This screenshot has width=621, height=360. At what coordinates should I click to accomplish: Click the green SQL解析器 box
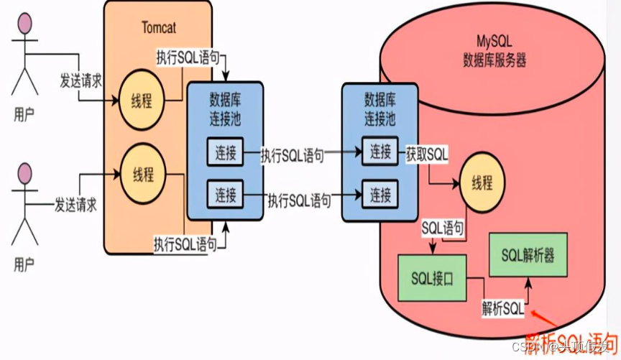[528, 255]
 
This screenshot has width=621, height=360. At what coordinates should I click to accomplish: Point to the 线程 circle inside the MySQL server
[482, 183]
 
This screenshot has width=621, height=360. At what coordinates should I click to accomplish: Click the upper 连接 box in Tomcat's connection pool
[224, 152]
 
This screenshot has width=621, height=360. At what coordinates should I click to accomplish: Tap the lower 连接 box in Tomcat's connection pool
[224, 194]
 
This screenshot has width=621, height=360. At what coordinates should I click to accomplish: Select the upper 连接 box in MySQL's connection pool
[380, 152]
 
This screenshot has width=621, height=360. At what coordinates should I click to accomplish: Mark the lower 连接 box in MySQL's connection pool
[380, 194]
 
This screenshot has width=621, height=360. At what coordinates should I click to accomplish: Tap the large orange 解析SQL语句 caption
[571, 340]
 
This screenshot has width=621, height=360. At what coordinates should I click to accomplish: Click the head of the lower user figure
[25, 173]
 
